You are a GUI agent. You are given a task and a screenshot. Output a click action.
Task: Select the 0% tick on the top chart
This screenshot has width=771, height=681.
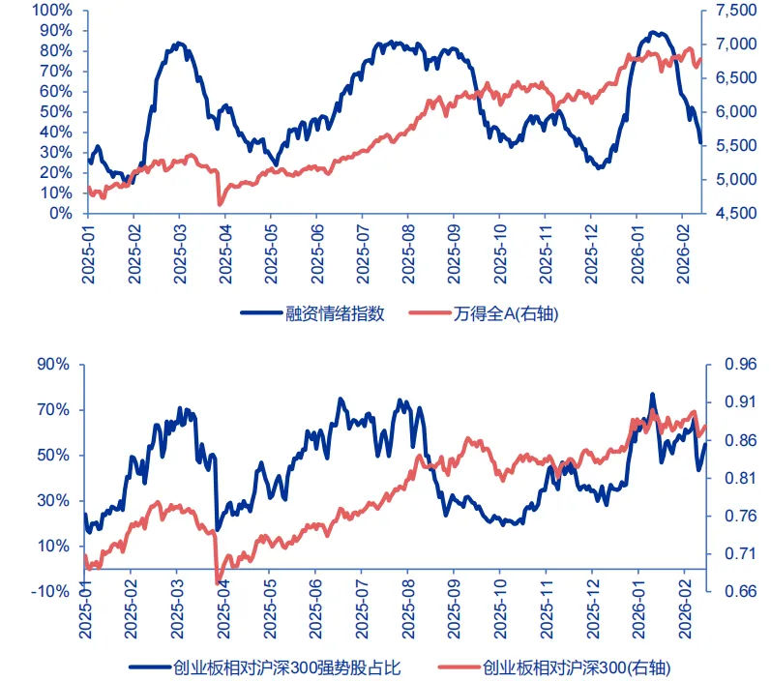(x=60, y=213)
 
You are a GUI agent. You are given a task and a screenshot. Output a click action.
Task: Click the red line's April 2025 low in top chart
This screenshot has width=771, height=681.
(x=221, y=203)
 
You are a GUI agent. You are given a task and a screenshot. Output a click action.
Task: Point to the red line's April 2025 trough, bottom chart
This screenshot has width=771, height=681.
(x=218, y=582)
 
